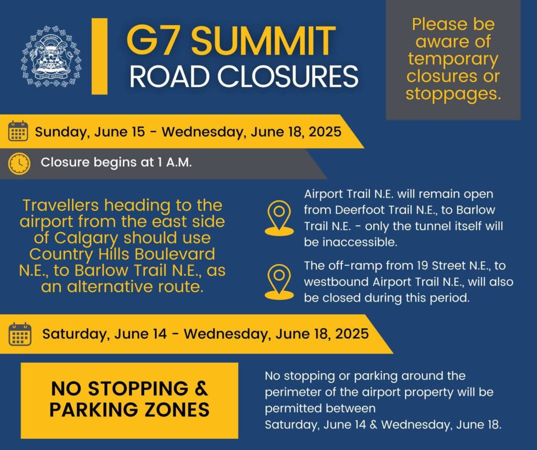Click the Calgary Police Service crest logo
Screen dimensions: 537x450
point(52,56)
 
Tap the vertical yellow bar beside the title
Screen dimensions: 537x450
point(100,56)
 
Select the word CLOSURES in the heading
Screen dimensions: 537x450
point(288,77)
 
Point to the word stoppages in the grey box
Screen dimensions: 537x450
point(453,93)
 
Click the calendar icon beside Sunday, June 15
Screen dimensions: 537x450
point(18,131)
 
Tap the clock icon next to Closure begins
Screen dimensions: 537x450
point(19,163)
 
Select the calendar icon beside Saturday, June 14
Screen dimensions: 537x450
point(20,334)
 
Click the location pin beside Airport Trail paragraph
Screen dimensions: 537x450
point(279,218)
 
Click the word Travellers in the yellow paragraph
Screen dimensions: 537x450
point(61,206)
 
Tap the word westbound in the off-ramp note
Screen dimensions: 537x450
point(336,282)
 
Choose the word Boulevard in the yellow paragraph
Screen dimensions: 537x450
point(175,254)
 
